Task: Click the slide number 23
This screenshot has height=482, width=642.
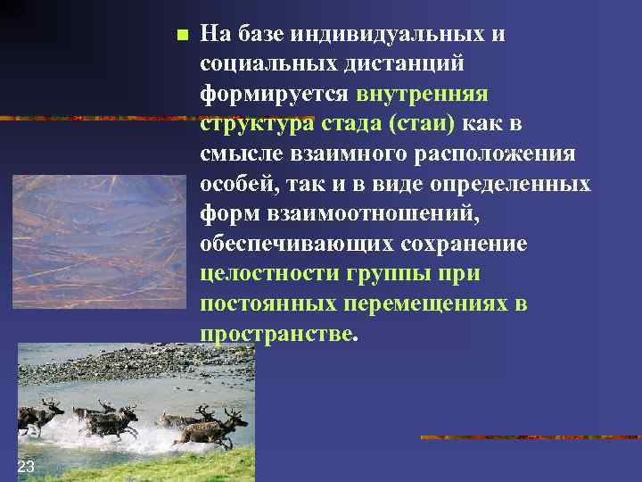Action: tap(26, 467)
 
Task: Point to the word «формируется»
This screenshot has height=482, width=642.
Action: tap(273, 94)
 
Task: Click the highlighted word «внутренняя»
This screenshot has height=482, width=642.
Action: tap(422, 94)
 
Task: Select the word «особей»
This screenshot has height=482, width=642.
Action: tap(237, 184)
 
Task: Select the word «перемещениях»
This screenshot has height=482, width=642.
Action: tap(423, 303)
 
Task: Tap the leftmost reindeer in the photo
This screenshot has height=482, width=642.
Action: tap(41, 415)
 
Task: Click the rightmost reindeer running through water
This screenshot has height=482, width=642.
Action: tap(210, 427)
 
